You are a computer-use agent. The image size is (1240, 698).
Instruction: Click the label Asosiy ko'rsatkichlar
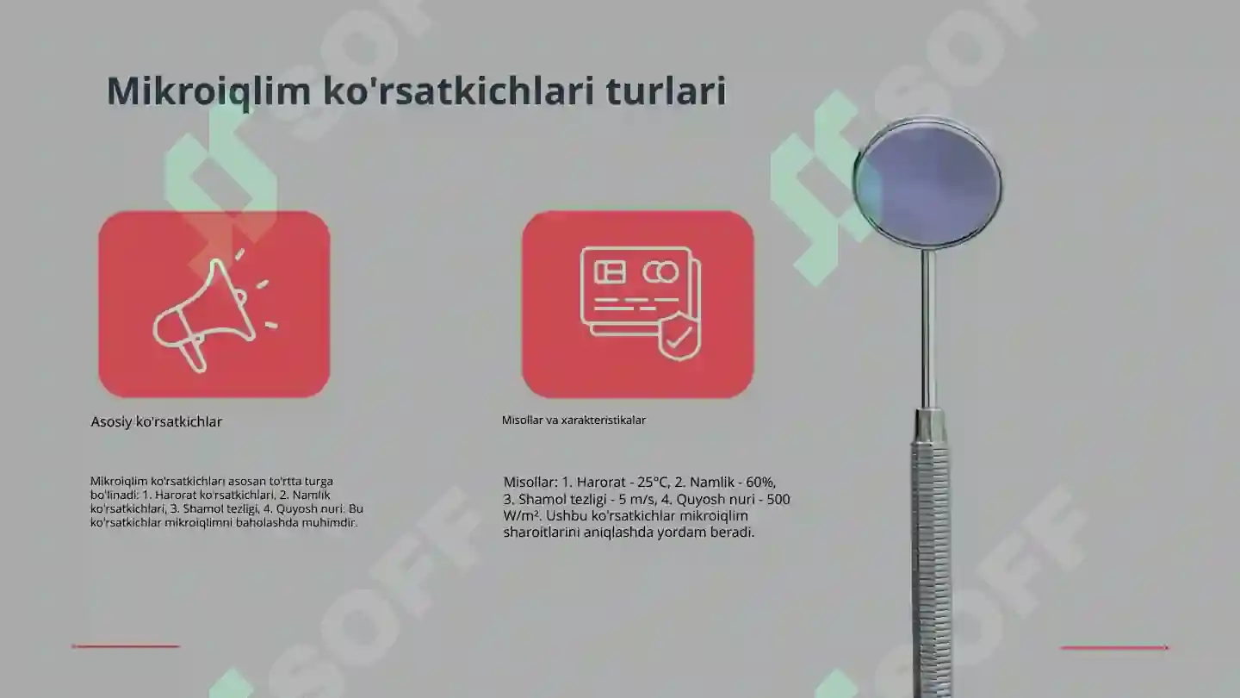pyautogui.click(x=157, y=422)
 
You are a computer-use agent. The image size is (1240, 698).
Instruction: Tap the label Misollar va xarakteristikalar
pyautogui.click(x=573, y=421)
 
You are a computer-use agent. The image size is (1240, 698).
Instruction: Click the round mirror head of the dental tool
pyautogui.click(x=928, y=183)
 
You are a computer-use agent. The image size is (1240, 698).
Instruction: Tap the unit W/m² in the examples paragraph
pyautogui.click(x=521, y=516)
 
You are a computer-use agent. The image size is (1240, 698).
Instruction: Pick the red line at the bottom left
pyautogui.click(x=126, y=645)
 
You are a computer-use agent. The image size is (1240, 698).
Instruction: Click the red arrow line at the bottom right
pyautogui.click(x=1114, y=647)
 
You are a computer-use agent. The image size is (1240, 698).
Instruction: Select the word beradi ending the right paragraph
pyautogui.click(x=734, y=533)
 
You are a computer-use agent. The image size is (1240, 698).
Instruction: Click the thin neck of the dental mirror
pyautogui.click(x=927, y=327)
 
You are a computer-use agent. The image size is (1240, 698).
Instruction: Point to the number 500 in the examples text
pyautogui.click(x=778, y=500)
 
